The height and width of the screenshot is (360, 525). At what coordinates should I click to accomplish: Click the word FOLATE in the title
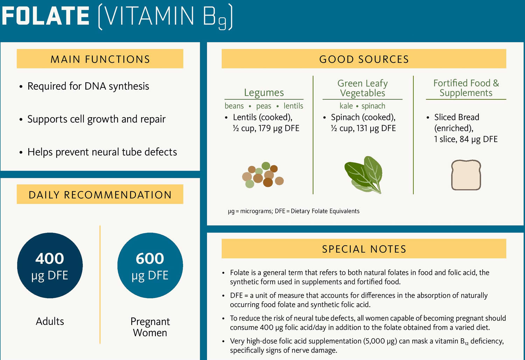pyautogui.click(x=45, y=16)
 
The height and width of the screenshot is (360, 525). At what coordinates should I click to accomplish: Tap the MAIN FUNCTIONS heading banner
pyautogui.click(x=100, y=58)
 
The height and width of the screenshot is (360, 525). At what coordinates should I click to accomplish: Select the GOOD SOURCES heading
pyautogui.click(x=364, y=59)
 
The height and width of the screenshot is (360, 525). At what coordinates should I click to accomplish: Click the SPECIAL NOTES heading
pyautogui.click(x=364, y=249)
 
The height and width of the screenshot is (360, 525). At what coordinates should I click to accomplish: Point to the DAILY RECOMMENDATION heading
pyautogui.click(x=100, y=194)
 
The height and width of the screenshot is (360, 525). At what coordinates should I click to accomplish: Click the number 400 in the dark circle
pyautogui.click(x=50, y=258)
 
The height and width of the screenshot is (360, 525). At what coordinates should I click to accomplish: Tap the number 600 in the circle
pyautogui.click(x=150, y=258)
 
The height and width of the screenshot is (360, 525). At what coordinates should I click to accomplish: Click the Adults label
pyautogui.click(x=50, y=321)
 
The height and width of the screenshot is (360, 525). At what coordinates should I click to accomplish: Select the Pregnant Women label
pyautogui.click(x=150, y=327)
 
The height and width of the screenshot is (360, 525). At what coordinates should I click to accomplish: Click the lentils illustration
pyautogui.click(x=263, y=175)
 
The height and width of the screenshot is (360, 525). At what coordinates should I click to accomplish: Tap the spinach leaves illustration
pyautogui.click(x=364, y=175)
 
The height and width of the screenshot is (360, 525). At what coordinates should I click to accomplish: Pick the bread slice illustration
pyautogui.click(x=466, y=175)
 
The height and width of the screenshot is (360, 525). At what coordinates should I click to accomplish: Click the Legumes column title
pyautogui.click(x=264, y=93)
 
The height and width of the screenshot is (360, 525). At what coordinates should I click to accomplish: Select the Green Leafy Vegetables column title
pyautogui.click(x=363, y=88)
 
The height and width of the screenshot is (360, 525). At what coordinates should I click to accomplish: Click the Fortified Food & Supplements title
pyautogui.click(x=466, y=88)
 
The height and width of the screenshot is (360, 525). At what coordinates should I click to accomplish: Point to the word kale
pyautogui.click(x=346, y=106)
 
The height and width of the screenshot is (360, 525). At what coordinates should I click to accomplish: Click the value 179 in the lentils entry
pyautogui.click(x=265, y=128)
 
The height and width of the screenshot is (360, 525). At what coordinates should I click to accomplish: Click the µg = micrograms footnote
pyautogui.click(x=294, y=211)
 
